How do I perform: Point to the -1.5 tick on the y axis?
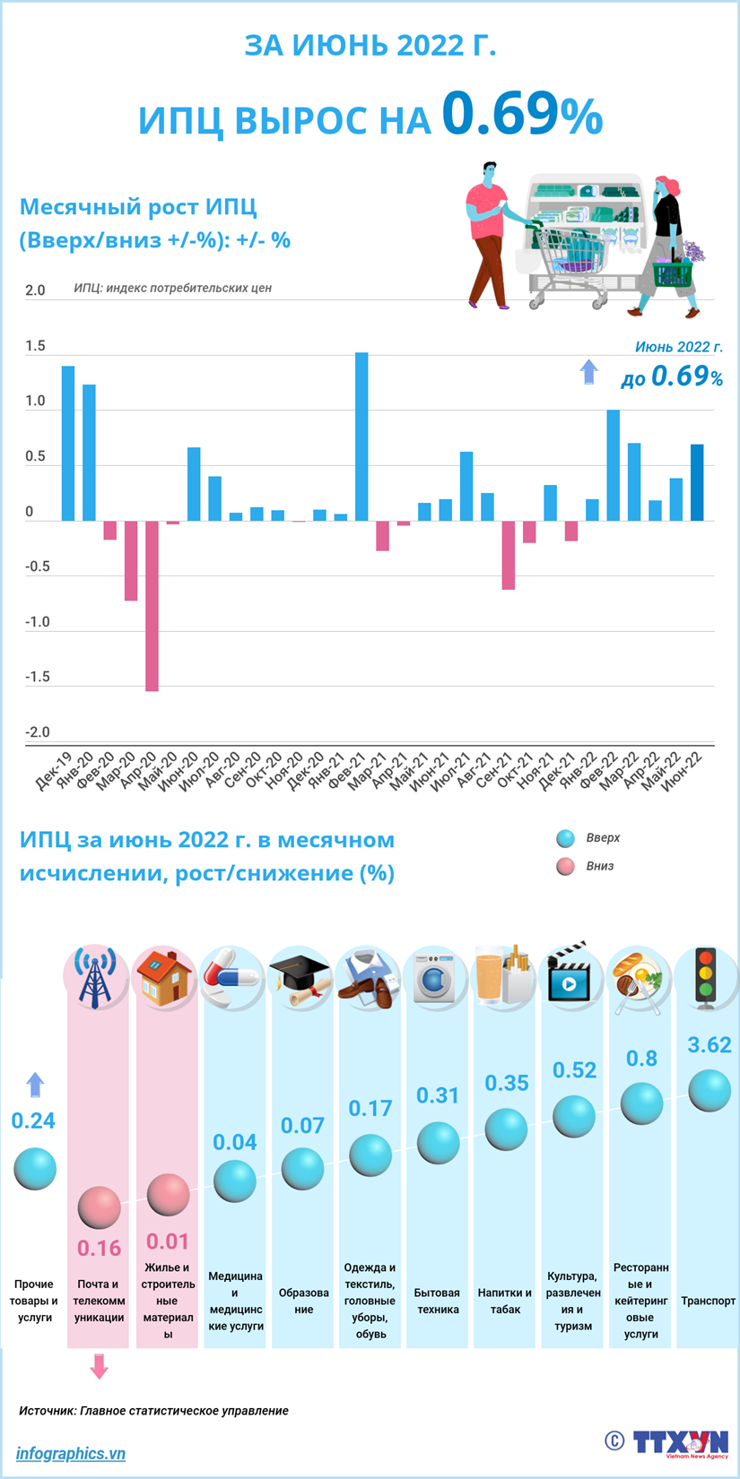pos(37,677)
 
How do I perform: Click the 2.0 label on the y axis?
pos(35,290)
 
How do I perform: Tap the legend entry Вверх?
pos(602,838)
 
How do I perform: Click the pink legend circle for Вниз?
pos(565,867)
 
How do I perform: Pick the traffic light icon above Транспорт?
pos(707,977)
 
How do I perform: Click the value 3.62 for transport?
pos(709,1045)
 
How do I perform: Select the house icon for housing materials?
pos(164,977)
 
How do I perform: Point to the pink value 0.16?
pos(99,1248)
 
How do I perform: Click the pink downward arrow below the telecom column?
pos(99,1366)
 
